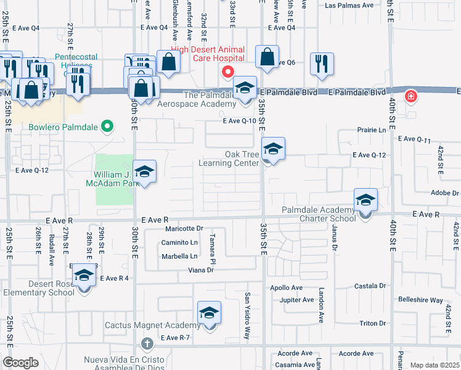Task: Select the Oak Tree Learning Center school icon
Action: coord(273,149)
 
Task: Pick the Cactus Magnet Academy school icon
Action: coord(209,314)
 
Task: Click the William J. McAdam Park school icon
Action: coord(144,172)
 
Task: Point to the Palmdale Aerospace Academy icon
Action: coord(245,88)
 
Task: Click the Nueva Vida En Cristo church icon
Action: coord(147,343)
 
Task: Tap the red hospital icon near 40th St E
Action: coord(410,97)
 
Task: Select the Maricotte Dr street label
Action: coord(184,229)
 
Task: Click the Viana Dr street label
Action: coord(201,270)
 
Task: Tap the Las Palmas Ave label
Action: coord(349,5)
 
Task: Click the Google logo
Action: coord(20,363)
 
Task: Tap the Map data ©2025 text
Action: coord(434,365)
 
